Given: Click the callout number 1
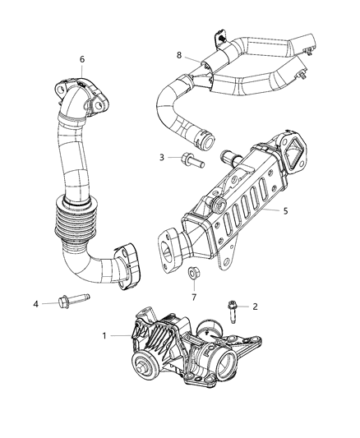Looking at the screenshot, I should click(104, 335).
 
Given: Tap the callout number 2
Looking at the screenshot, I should click(255, 307).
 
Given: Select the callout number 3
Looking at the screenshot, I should click(163, 156).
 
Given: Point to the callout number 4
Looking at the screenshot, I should click(36, 304).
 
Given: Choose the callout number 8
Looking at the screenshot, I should click(179, 55).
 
